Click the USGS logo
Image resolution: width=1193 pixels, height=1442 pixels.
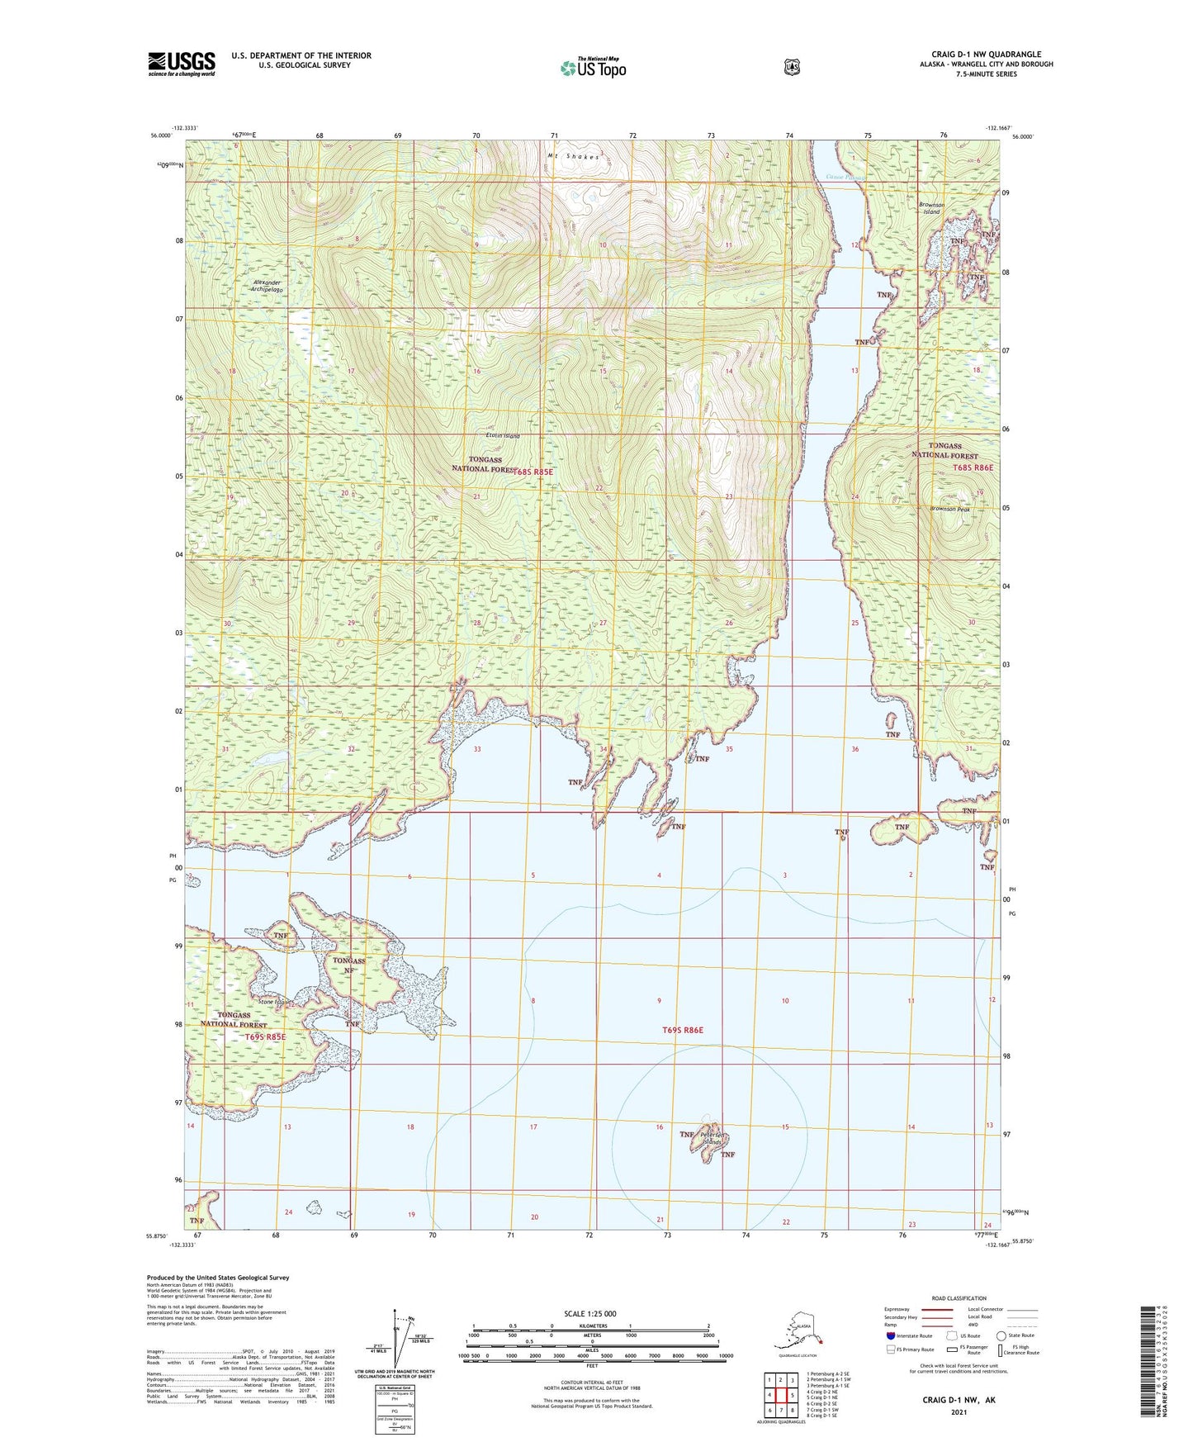point(182,64)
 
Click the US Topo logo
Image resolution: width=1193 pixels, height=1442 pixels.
point(592,68)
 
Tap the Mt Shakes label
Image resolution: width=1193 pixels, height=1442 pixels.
point(571,155)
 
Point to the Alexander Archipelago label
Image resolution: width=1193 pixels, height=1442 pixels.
point(268,287)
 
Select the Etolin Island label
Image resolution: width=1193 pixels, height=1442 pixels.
point(503,435)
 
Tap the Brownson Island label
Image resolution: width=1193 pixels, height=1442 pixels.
point(930,208)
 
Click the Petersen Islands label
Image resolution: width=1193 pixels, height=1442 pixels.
point(711,1138)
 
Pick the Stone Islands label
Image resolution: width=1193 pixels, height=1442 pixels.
point(275,1003)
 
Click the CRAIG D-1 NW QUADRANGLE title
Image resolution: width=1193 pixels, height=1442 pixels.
point(986,55)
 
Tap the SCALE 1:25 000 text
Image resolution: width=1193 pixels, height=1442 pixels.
point(589,1313)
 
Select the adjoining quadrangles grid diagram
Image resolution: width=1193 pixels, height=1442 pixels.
point(779,1390)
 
